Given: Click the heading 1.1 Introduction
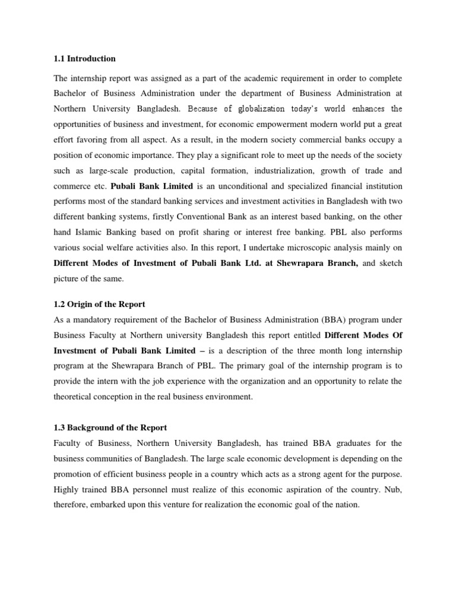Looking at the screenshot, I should (x=85, y=59).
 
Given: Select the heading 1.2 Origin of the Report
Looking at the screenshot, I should (x=99, y=304).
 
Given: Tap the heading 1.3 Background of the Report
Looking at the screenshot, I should (x=110, y=427).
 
